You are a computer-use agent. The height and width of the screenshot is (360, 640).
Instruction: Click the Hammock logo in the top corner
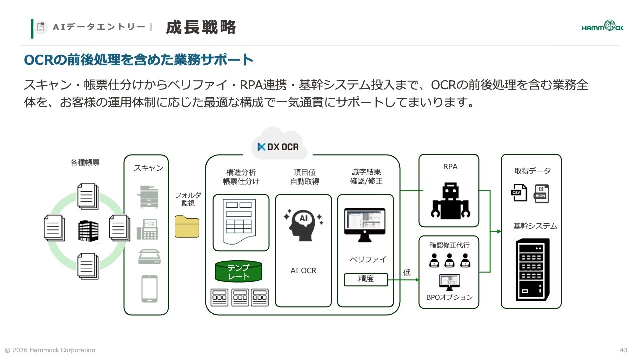point(602,26)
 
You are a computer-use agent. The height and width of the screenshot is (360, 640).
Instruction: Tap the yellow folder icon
point(187,227)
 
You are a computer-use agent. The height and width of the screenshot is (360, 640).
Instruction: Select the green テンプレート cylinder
point(238,271)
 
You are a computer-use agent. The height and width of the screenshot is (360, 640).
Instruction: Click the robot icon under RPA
point(450,201)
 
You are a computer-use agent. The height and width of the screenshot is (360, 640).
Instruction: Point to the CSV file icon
point(519,193)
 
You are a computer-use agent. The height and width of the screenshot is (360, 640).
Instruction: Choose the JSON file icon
point(541,194)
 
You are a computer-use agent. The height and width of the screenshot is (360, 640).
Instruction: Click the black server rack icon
point(532,269)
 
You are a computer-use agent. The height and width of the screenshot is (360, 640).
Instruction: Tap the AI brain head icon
point(303,225)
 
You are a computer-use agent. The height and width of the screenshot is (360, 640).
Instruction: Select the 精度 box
point(366,279)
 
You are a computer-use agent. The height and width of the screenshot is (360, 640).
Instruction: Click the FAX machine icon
point(147,229)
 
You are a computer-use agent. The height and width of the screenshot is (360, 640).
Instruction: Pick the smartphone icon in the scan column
point(149,289)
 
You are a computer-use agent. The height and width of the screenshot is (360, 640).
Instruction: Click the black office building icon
point(88,231)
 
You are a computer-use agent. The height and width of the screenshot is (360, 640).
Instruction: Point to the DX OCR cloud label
point(278,147)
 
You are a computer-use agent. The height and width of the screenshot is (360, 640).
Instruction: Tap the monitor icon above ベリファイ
point(365,225)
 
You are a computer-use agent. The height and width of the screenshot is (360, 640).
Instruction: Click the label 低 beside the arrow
point(407,272)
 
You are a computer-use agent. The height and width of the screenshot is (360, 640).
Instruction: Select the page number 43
point(623,350)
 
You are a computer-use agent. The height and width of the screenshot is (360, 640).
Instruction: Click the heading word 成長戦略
point(201,27)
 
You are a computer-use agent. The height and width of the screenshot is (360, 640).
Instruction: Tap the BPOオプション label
point(449,297)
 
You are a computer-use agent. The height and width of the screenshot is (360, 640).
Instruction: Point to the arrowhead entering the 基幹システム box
point(499,231)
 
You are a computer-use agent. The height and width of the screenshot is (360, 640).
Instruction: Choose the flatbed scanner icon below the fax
point(149,256)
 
